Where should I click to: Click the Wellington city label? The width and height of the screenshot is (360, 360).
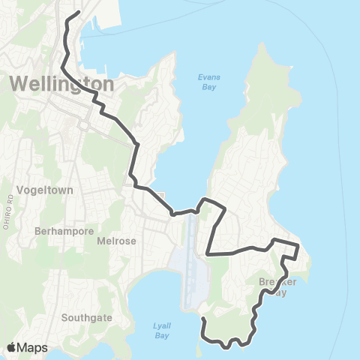63,83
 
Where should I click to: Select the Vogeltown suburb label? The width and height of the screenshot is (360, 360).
46,190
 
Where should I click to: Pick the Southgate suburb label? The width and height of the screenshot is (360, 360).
87,317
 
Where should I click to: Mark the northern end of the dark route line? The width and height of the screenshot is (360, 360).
79,12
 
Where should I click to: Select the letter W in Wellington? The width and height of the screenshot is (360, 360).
20,83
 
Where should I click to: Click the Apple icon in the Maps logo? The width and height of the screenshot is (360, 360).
12,346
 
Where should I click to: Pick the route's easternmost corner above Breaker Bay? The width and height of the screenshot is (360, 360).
298,244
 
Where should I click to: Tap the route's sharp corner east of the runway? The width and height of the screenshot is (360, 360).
208,254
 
